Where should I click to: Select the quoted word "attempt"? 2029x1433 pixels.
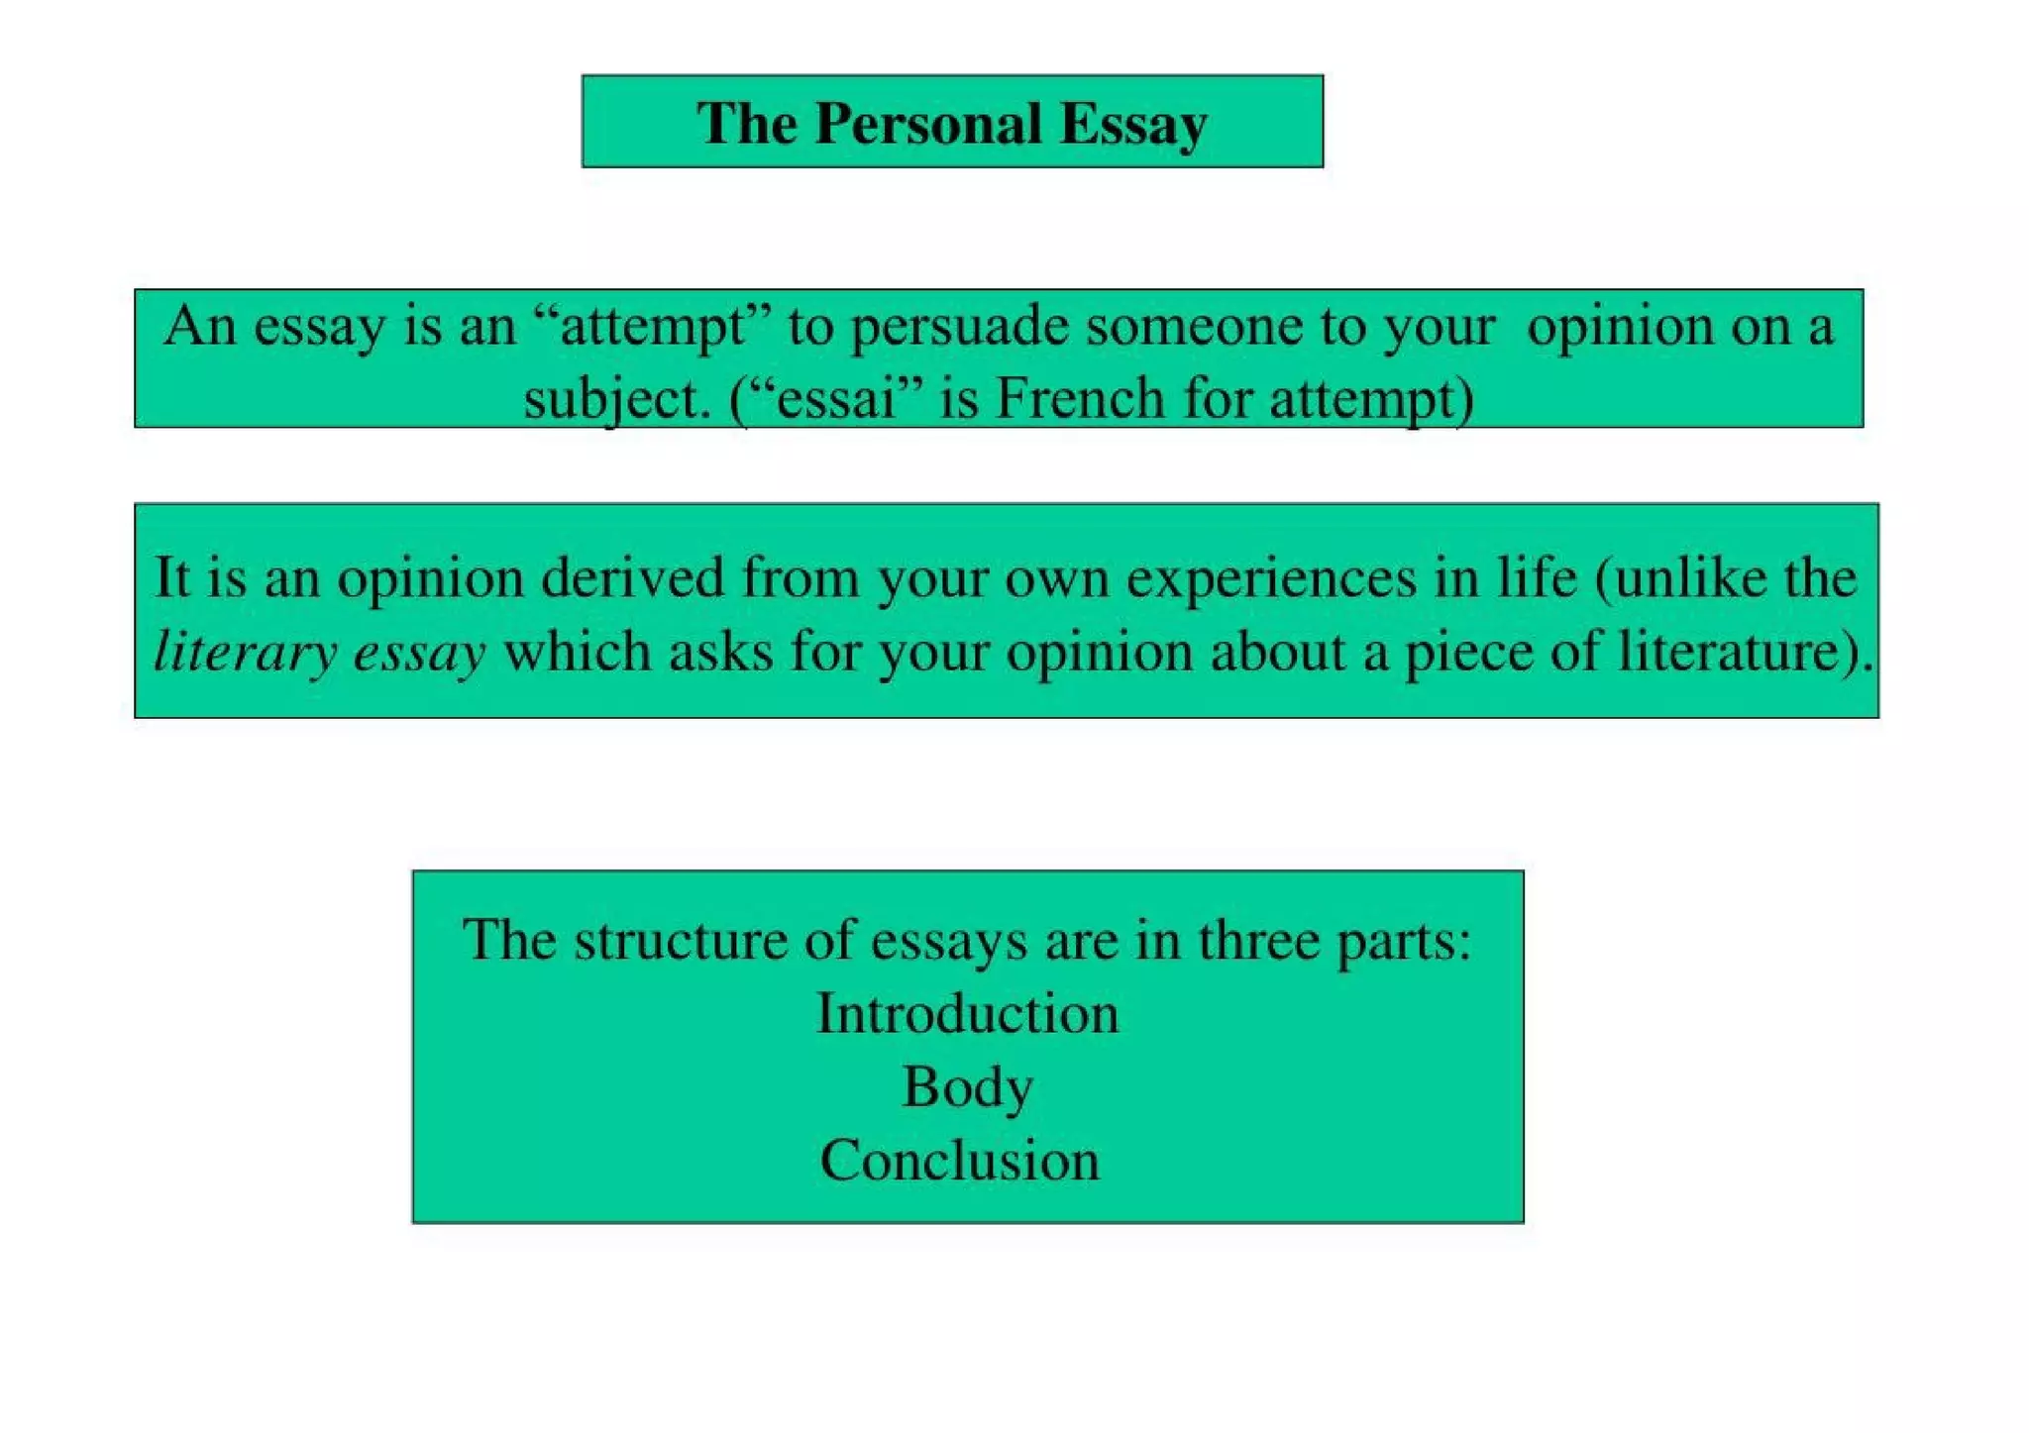(653, 327)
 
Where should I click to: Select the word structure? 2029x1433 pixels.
(681, 940)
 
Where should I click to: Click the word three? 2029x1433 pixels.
(1259, 940)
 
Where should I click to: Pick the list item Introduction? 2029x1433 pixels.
(967, 1014)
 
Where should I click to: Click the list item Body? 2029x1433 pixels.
(967, 1087)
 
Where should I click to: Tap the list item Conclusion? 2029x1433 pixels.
(959, 1161)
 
